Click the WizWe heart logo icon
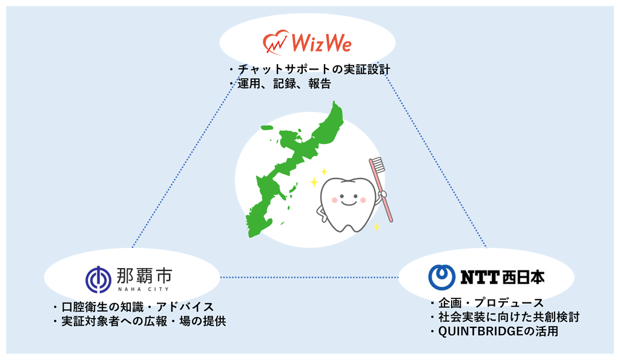point(275,42)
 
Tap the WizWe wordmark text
point(322,43)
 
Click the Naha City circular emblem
point(99,280)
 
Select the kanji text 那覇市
point(144,275)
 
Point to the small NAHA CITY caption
point(143,289)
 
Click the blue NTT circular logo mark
point(441,277)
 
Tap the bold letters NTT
point(480,277)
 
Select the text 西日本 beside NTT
point(523,277)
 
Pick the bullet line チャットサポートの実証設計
point(314,70)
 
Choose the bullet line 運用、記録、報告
point(284,83)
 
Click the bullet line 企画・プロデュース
point(491,303)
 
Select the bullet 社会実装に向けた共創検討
point(509,317)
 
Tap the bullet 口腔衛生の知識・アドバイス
point(137,307)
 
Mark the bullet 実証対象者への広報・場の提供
point(143,321)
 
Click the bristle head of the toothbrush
point(377,165)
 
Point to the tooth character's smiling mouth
point(348,202)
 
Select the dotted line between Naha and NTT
point(309,277)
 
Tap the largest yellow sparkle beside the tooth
point(314,182)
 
